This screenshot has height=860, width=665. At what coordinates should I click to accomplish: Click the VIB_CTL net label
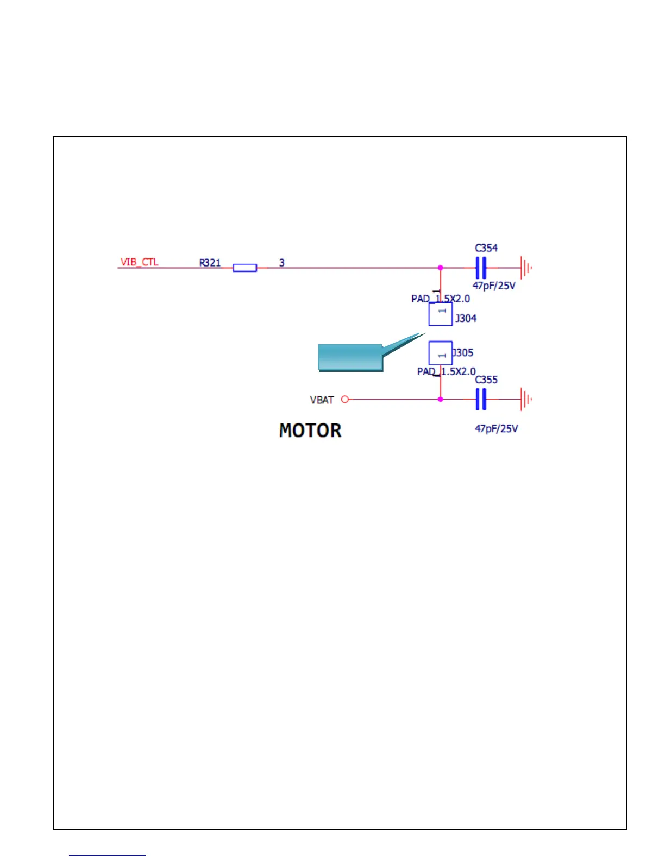click(x=139, y=262)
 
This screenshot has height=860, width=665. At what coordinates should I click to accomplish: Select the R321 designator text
click(x=210, y=263)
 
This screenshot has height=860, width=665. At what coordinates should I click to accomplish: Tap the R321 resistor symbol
click(x=244, y=268)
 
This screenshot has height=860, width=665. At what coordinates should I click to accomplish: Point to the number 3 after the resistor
click(x=282, y=263)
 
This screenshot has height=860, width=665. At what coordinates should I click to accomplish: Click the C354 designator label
click(x=486, y=248)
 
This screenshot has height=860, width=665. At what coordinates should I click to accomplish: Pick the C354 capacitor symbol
click(x=480, y=268)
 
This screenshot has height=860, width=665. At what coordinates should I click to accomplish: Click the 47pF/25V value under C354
click(x=494, y=286)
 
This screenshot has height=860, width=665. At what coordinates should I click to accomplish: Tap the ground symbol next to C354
click(x=525, y=268)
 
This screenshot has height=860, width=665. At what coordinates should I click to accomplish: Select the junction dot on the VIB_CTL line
click(x=441, y=268)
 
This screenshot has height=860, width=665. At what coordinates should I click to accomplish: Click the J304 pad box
click(x=441, y=314)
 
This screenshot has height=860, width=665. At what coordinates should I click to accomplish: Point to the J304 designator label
click(x=466, y=319)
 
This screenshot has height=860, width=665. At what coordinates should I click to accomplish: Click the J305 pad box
click(x=441, y=353)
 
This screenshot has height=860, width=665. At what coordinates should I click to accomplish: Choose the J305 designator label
click(x=463, y=353)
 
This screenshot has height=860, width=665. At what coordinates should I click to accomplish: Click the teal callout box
click(x=350, y=357)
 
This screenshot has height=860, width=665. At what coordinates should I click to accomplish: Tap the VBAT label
click(x=322, y=400)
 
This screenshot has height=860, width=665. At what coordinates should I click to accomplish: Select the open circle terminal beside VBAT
click(x=344, y=400)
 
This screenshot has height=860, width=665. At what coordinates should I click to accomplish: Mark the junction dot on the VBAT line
click(x=441, y=400)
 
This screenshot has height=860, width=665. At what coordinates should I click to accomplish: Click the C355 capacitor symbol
click(x=480, y=400)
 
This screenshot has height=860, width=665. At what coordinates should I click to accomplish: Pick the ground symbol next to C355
click(x=525, y=400)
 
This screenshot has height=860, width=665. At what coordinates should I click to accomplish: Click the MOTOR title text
click(x=310, y=431)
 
